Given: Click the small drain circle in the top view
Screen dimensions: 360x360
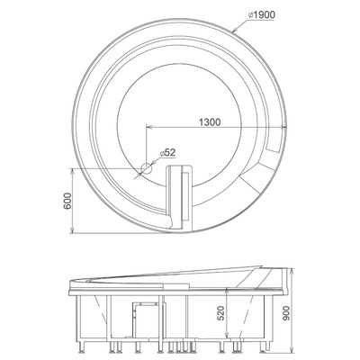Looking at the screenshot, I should click(146, 168).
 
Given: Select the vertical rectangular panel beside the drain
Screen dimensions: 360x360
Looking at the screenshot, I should click(182, 193).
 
